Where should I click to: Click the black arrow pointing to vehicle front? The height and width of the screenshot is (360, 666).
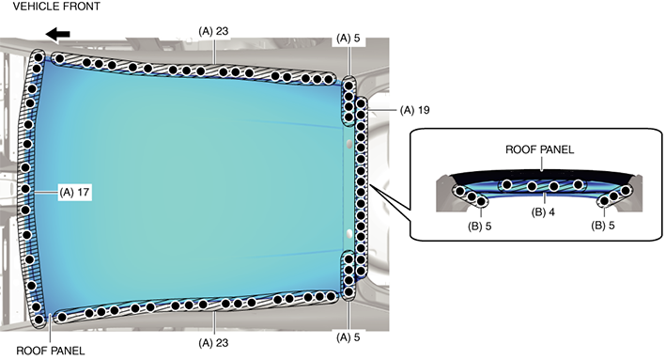57,35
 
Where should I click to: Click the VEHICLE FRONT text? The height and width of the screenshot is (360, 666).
56,7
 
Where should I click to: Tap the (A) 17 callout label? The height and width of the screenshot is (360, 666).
74,192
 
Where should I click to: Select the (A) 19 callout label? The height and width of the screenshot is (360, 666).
414,110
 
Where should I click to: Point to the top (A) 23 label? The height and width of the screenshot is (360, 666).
213,31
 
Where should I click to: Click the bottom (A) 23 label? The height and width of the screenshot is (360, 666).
213,342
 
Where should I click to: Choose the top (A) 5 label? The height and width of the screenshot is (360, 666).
348,39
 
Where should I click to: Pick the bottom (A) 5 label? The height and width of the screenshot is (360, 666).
348,337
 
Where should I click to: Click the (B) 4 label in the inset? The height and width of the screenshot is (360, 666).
543,212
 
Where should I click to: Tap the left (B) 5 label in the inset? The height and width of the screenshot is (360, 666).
479,227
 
